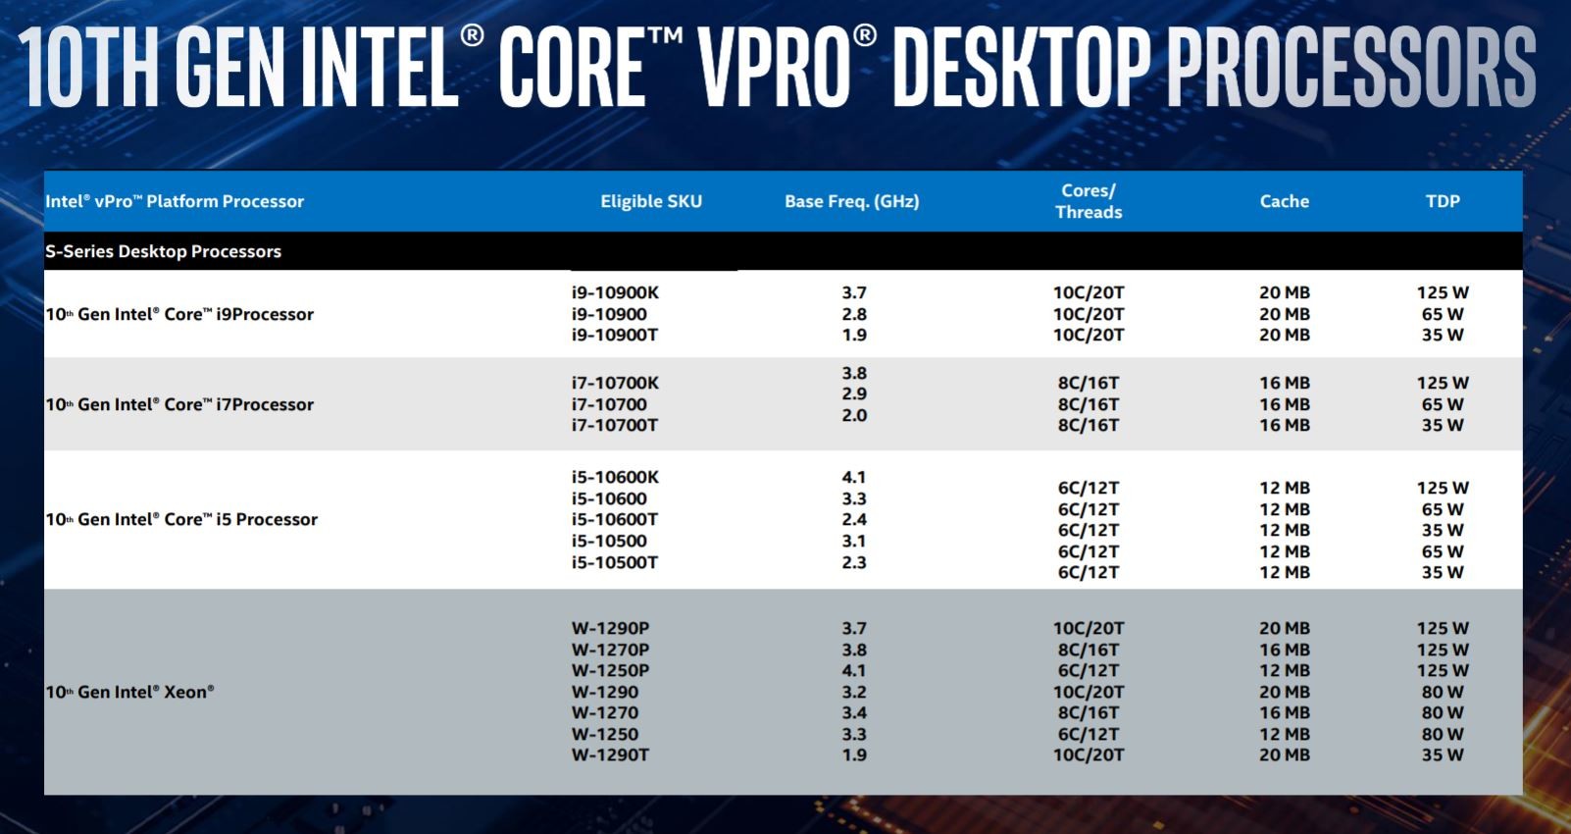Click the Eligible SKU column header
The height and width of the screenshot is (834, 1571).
point(651,201)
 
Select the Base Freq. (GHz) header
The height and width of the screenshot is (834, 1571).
point(851,201)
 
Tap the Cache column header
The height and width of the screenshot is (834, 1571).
point(1284,201)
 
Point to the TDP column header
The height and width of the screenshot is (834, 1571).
point(1443,201)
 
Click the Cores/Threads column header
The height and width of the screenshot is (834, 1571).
point(1089,201)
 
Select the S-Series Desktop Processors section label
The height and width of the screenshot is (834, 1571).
point(163,251)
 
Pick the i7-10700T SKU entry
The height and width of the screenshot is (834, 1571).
point(615,425)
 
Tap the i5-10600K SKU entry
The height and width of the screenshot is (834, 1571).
point(616,477)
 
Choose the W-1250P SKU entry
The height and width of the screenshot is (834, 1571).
point(610,670)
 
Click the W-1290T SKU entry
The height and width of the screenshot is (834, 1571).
point(610,755)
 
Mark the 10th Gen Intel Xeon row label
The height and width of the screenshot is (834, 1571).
point(129,692)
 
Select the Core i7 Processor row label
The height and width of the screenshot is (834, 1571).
point(179,404)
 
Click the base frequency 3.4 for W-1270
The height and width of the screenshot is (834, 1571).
point(854,712)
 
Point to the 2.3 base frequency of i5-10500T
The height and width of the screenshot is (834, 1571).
point(854,562)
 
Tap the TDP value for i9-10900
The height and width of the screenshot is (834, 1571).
point(1443,314)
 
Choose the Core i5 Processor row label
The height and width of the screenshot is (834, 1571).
point(181,519)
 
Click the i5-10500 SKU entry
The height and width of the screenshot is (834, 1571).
point(609,541)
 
